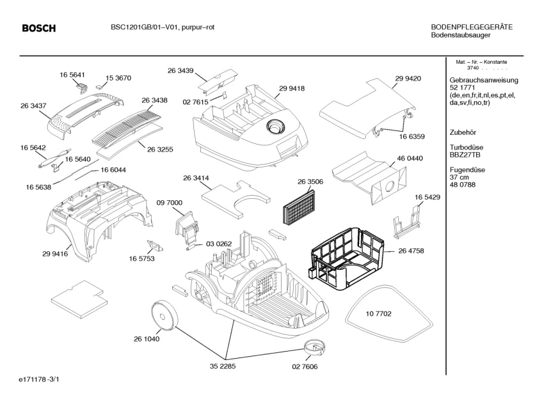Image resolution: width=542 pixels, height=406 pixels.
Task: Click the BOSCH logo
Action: (x=38, y=28)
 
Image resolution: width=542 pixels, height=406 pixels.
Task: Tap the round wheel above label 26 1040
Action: (x=164, y=316)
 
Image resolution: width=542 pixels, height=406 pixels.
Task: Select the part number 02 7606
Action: (x=305, y=367)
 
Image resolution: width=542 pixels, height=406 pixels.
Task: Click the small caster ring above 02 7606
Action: (x=314, y=347)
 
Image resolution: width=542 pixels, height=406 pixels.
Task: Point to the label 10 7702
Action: (x=379, y=314)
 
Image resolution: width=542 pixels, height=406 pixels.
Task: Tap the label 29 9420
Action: (x=408, y=79)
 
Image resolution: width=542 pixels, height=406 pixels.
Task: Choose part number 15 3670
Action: (x=118, y=78)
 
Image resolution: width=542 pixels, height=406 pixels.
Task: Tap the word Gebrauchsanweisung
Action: (x=484, y=80)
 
